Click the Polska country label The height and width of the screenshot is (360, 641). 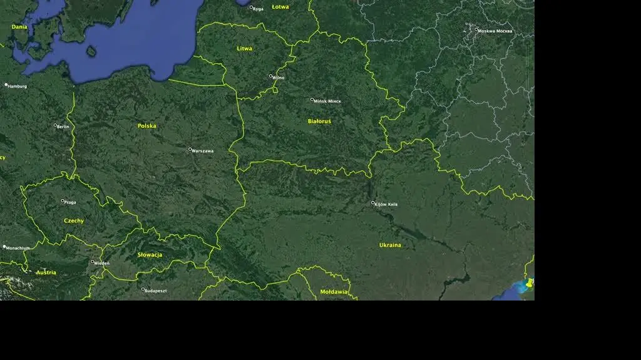147,126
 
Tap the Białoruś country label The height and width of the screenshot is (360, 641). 319,121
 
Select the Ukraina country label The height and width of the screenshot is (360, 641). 390,245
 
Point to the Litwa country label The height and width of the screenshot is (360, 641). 244,49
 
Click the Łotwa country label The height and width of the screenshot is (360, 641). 280,7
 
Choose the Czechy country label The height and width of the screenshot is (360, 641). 73,221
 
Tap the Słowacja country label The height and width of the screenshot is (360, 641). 150,255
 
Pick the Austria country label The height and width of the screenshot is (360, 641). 46,273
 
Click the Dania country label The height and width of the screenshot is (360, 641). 19,28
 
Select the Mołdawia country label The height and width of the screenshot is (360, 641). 334,292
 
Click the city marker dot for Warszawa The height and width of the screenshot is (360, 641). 190,149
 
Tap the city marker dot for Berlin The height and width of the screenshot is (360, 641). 55,125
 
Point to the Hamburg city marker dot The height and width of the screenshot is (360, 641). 6,85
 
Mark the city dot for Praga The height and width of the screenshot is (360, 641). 63,201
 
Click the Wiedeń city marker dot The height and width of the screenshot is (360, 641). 93,262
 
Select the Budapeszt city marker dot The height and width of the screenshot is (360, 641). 143,289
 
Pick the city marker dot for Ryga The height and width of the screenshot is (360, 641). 252,8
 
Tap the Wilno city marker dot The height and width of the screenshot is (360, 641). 271,76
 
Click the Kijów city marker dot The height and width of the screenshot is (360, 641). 373,203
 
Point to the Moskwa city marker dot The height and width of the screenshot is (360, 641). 476,29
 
